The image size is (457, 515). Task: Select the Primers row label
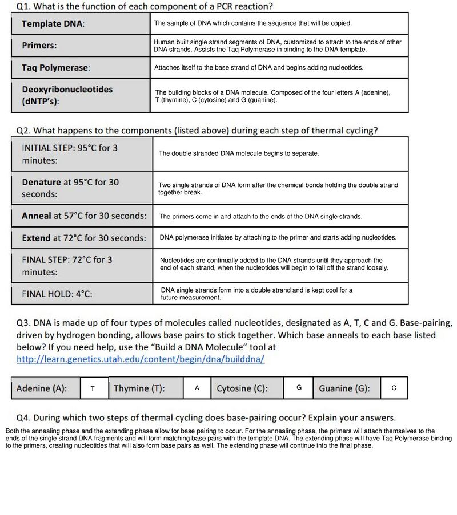pyautogui.click(x=39, y=46)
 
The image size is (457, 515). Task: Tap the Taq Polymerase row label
pyautogui.click(x=55, y=68)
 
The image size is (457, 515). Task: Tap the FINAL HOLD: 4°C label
pyautogui.click(x=57, y=294)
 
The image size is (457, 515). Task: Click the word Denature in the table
pyautogui.click(x=41, y=183)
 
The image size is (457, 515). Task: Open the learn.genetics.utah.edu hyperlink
pyautogui.click(x=141, y=359)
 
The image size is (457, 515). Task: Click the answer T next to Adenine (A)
pyautogui.click(x=93, y=388)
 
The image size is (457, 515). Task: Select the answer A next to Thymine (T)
pyautogui.click(x=197, y=388)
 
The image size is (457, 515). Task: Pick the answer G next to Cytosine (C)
pyautogui.click(x=299, y=387)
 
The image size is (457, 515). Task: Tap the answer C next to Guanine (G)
pyautogui.click(x=394, y=388)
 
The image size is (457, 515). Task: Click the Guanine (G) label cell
pyautogui.click(x=344, y=388)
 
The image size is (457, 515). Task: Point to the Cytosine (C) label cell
pyautogui.click(x=242, y=388)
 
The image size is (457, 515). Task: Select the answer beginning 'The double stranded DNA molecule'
pyautogui.click(x=239, y=153)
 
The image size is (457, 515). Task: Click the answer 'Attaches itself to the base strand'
pyautogui.click(x=258, y=67)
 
